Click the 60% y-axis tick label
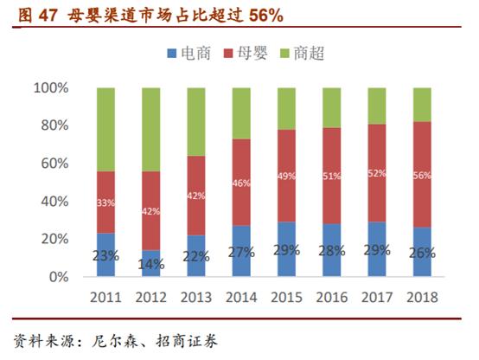click(x=54, y=164)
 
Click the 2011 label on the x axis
click(x=105, y=297)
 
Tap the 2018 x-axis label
click(x=421, y=297)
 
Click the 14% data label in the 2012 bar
click(x=150, y=265)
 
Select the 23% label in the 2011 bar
click(x=105, y=256)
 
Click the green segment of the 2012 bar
click(x=150, y=130)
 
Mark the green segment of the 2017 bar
click(x=376, y=106)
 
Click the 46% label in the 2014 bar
click(x=240, y=183)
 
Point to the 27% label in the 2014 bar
click(x=240, y=253)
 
